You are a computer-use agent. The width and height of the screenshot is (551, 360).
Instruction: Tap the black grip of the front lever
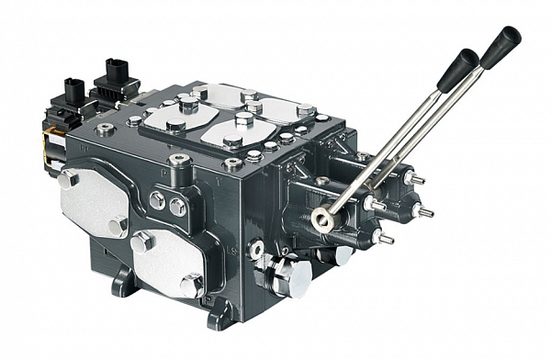pos(456,70)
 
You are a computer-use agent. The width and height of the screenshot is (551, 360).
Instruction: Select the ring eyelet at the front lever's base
pos(321,218)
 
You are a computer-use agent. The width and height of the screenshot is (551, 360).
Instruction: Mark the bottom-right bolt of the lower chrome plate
pos(192,287)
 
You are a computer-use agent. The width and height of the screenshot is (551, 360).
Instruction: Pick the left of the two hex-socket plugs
pos(157,199)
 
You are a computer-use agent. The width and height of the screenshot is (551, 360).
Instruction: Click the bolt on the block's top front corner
pos(231,164)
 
